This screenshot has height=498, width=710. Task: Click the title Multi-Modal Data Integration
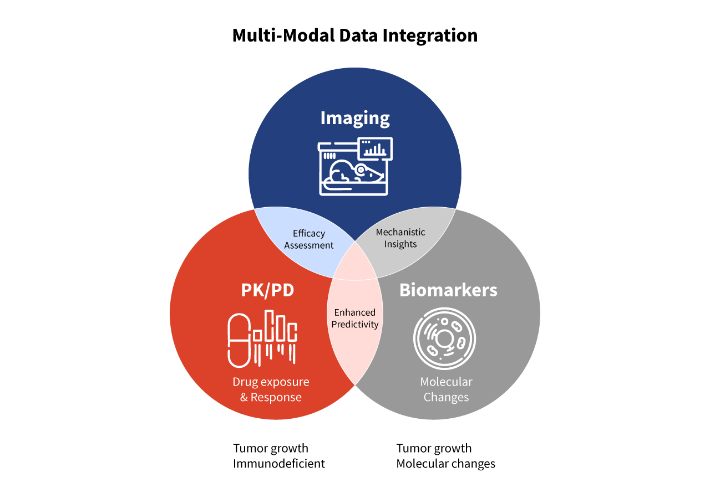[354, 35]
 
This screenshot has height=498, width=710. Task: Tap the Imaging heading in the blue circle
[355, 118]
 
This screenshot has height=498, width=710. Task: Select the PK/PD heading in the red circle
[267, 290]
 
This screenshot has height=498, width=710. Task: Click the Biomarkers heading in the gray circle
[448, 290]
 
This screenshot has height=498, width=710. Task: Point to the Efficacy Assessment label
[309, 239]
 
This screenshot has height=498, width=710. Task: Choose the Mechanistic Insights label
[400, 238]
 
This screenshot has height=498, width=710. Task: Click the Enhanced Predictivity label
[355, 319]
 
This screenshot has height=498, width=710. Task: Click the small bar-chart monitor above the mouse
[376, 148]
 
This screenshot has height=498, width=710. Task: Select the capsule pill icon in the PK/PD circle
[240, 340]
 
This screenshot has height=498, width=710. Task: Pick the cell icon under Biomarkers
[444, 338]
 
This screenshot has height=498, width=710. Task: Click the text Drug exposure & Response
[271, 389]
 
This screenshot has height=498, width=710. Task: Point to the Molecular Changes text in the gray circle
[446, 389]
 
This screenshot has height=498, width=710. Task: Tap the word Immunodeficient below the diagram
[279, 464]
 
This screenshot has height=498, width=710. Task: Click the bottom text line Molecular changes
[445, 464]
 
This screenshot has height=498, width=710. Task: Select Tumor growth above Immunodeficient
[271, 448]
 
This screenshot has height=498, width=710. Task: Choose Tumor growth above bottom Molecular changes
[434, 448]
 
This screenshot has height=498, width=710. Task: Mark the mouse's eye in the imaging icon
[361, 169]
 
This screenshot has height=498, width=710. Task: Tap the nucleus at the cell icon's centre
[444, 338]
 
